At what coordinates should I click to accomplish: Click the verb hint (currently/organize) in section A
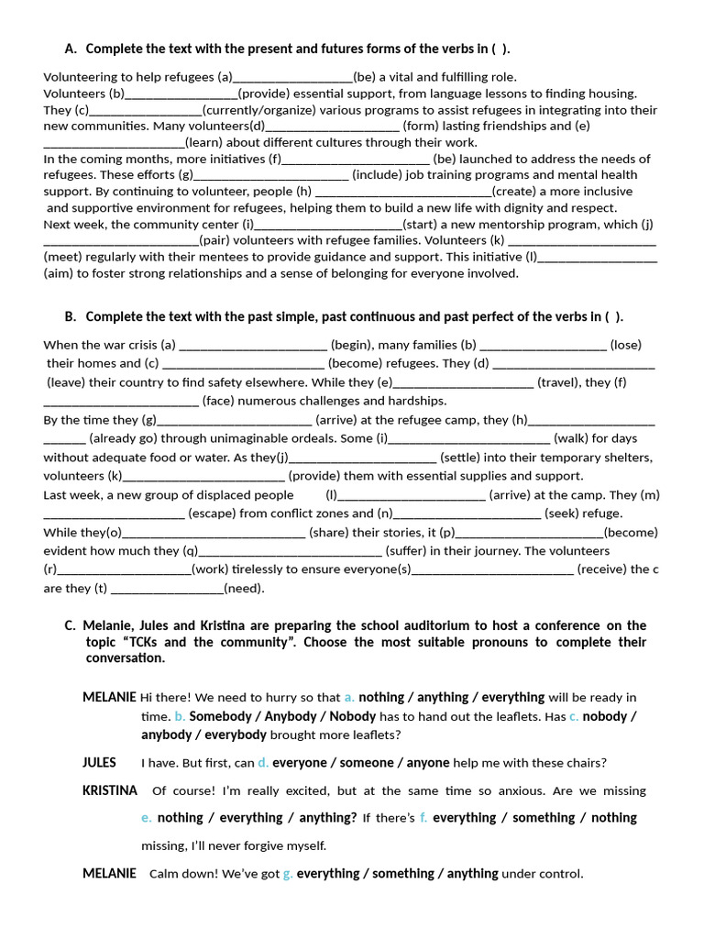(x=257, y=110)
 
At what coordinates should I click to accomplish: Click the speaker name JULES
(x=99, y=762)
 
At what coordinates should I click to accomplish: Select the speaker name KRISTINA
(x=110, y=790)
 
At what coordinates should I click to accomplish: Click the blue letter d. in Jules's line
(x=263, y=763)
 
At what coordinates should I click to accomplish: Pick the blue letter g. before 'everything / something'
(x=288, y=874)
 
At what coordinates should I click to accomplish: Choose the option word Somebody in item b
(x=220, y=716)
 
